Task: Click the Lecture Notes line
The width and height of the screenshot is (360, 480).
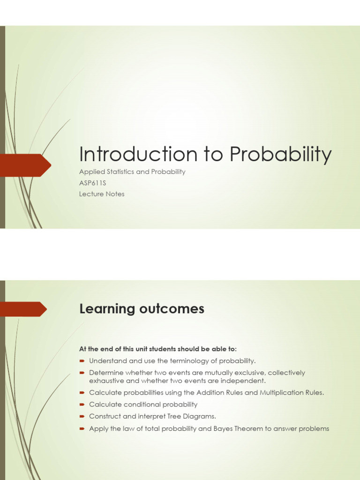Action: (102, 194)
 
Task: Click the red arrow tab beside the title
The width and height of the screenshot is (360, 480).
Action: (26, 165)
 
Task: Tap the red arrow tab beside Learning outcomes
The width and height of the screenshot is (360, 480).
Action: (23, 309)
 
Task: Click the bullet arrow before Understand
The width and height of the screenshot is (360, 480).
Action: (82, 360)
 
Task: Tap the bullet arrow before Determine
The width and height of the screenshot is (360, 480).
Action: (82, 373)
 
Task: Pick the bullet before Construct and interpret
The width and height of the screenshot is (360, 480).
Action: (82, 416)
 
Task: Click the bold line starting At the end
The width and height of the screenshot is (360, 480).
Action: (158, 349)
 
